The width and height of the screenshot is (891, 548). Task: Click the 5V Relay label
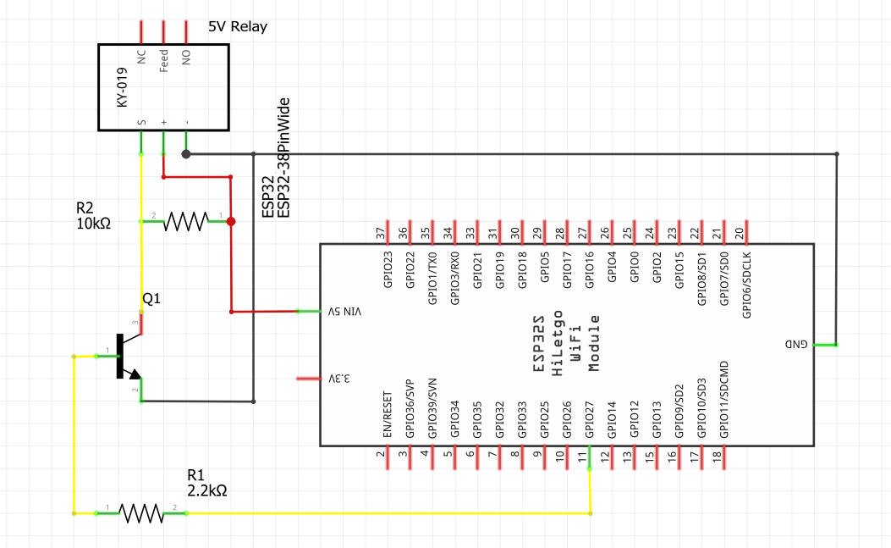point(237,26)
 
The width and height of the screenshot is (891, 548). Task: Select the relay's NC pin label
point(141,57)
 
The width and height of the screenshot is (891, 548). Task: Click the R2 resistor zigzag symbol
point(185,222)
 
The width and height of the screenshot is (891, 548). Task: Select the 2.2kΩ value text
point(207,490)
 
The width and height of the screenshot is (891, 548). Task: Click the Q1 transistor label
point(151,299)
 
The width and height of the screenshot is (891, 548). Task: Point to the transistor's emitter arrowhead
point(133,374)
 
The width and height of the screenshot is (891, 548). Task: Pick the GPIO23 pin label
point(388,269)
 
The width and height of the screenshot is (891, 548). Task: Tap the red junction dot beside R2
point(230,222)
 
